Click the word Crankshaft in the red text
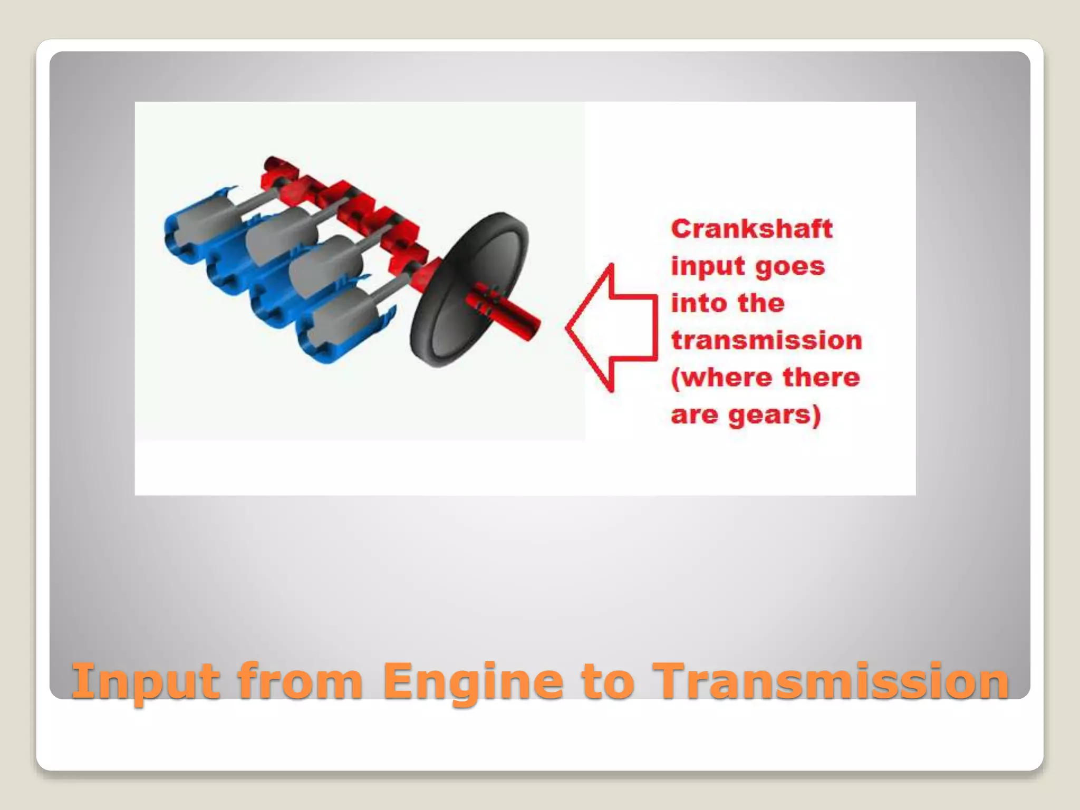pos(751,229)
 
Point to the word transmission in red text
pos(766,340)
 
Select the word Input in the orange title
pos(146,681)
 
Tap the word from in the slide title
pos(300,681)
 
